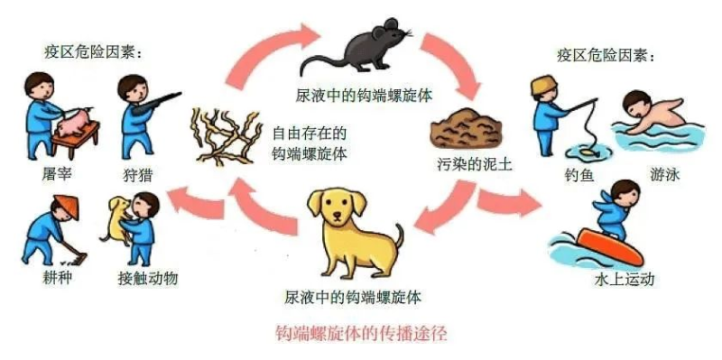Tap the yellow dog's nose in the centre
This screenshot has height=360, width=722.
click(338, 215)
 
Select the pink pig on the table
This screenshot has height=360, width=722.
click(74, 122)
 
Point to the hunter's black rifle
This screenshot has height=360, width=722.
click(156, 103)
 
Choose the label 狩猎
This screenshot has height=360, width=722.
click(138, 175)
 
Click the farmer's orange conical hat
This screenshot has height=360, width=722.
click(67, 206)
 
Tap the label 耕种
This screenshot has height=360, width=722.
click(56, 278)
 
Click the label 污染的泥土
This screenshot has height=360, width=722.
click(474, 164)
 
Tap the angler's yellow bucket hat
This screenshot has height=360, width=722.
click(544, 85)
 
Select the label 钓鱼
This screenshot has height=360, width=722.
click(579, 175)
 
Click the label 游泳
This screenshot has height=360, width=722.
click(665, 175)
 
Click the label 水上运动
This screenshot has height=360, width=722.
click(624, 280)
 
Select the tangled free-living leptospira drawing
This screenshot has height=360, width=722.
click(226, 136)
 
